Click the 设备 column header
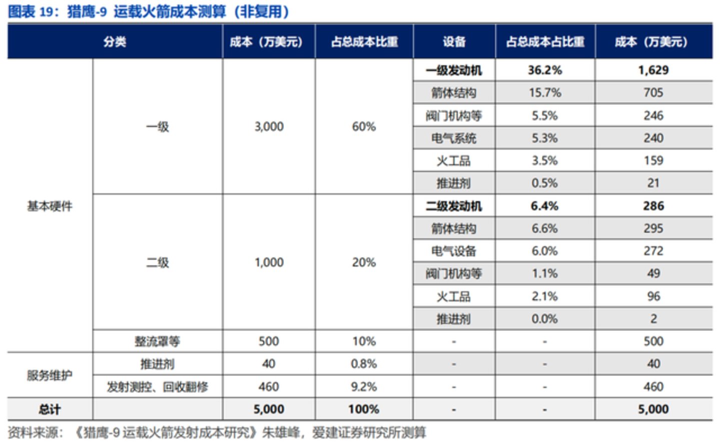pos(454,42)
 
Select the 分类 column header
pos(115,42)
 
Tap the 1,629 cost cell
pos(653,70)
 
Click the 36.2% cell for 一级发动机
pos(545,70)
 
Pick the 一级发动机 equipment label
pos(454,70)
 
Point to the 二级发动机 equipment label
pos(454,206)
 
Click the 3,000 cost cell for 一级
pos(269,126)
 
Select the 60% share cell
pos(364,126)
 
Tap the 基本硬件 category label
pos(50,206)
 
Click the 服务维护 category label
pos(50,375)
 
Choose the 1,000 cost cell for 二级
pos(269,262)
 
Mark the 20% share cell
pos(364,262)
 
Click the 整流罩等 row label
pos(157,341)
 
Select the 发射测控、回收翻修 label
pos(157,387)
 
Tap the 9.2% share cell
pos(364,386)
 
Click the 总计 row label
pos(50,409)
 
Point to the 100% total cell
pos(364,409)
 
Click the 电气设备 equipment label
pos(454,251)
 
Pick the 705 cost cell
pos(653,92)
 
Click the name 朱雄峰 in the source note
pos(278,432)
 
